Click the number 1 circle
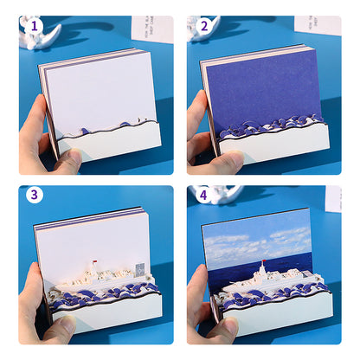pos(35,26)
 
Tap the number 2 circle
pos(204,26)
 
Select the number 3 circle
pos(35,195)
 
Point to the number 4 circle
pos(204,195)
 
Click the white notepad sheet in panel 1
pos(100,87)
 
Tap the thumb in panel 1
pos(65,158)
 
